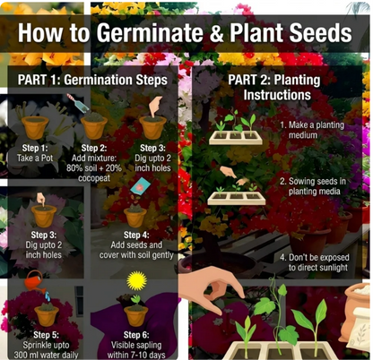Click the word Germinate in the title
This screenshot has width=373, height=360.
click(x=151, y=33)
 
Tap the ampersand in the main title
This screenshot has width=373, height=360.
click(x=217, y=33)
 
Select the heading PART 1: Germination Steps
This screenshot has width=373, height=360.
click(x=92, y=80)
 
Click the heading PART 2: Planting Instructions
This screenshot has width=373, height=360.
click(x=274, y=87)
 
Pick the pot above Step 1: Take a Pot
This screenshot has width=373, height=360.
click(x=35, y=127)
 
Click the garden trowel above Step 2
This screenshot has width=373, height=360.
click(x=78, y=101)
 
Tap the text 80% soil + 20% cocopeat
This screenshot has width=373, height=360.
click(x=94, y=173)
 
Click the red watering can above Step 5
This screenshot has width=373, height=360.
click(x=35, y=281)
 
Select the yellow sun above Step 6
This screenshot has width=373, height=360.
click(x=137, y=280)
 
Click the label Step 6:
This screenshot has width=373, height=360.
click(x=136, y=335)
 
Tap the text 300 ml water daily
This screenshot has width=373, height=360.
click(x=46, y=356)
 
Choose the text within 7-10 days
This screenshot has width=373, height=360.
click(x=136, y=356)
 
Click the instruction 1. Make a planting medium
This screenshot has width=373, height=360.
click(x=312, y=130)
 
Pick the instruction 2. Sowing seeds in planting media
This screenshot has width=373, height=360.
click(x=313, y=186)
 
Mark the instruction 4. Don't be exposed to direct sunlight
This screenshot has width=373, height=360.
click(x=315, y=262)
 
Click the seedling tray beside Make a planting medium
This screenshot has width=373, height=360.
click(x=236, y=137)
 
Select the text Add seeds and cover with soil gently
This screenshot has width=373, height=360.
click(x=136, y=250)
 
